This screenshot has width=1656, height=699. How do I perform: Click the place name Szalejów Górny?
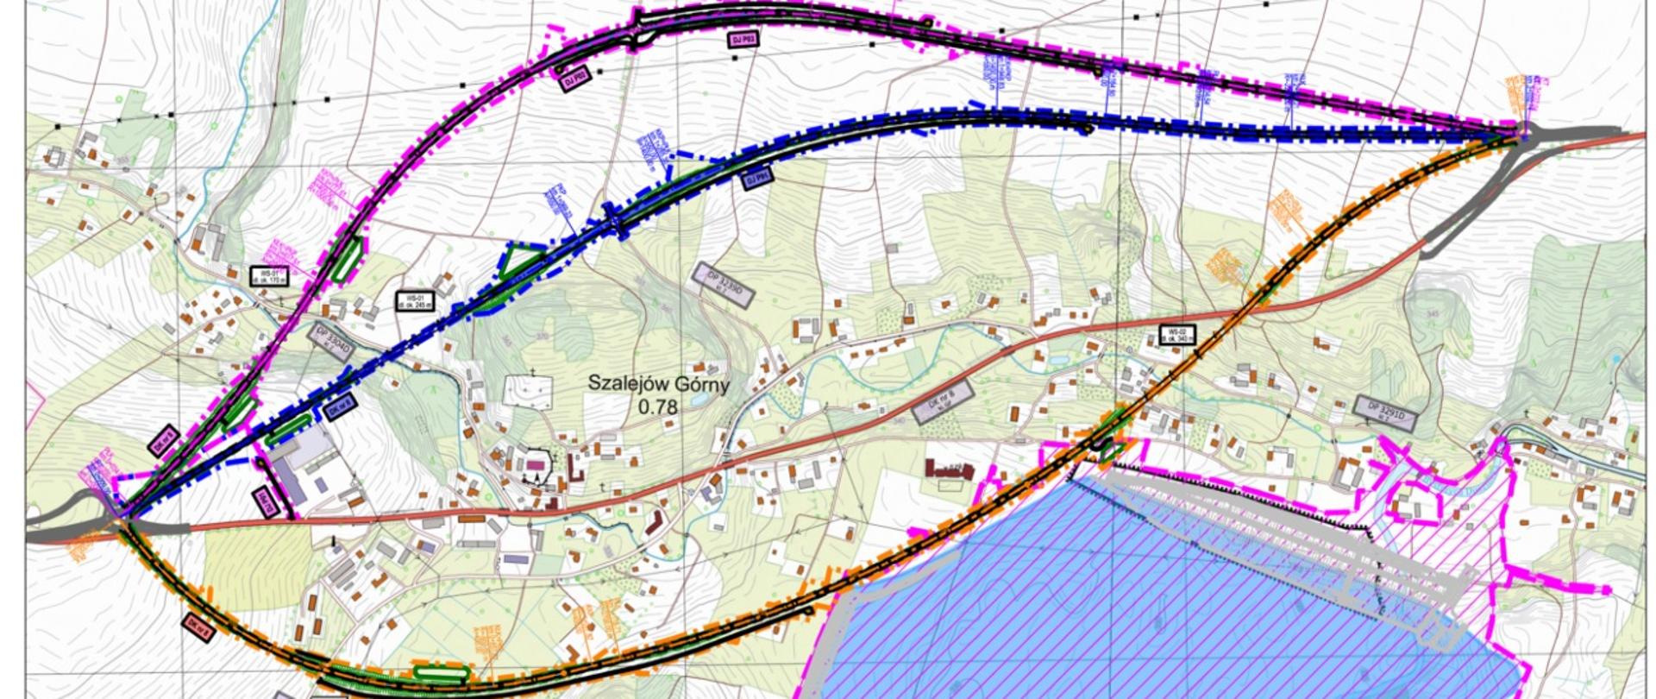[x=658, y=383]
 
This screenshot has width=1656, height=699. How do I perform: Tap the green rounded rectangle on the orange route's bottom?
[x=440, y=672]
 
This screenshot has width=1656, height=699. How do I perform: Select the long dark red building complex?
[x=950, y=469]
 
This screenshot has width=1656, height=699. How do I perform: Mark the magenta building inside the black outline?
[x=536, y=464]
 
